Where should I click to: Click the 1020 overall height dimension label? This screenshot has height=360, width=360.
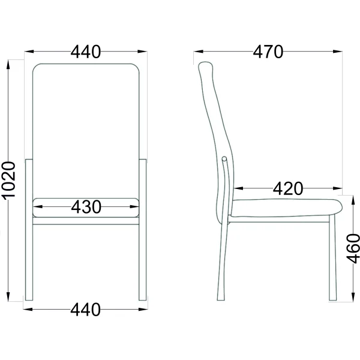tap(8, 180)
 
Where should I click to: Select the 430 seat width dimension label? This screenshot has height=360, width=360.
tap(86, 207)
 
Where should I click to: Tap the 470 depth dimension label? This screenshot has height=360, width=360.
tap(268, 52)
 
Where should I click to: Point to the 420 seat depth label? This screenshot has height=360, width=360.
tap(288, 188)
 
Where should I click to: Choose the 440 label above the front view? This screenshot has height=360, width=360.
tap(86, 52)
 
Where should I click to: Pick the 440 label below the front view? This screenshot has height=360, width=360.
tap(85, 310)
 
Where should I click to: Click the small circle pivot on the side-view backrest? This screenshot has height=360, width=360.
tap(224, 158)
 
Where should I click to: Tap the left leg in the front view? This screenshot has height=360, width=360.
tap(29, 230)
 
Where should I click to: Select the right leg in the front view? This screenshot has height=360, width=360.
tap(143, 230)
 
